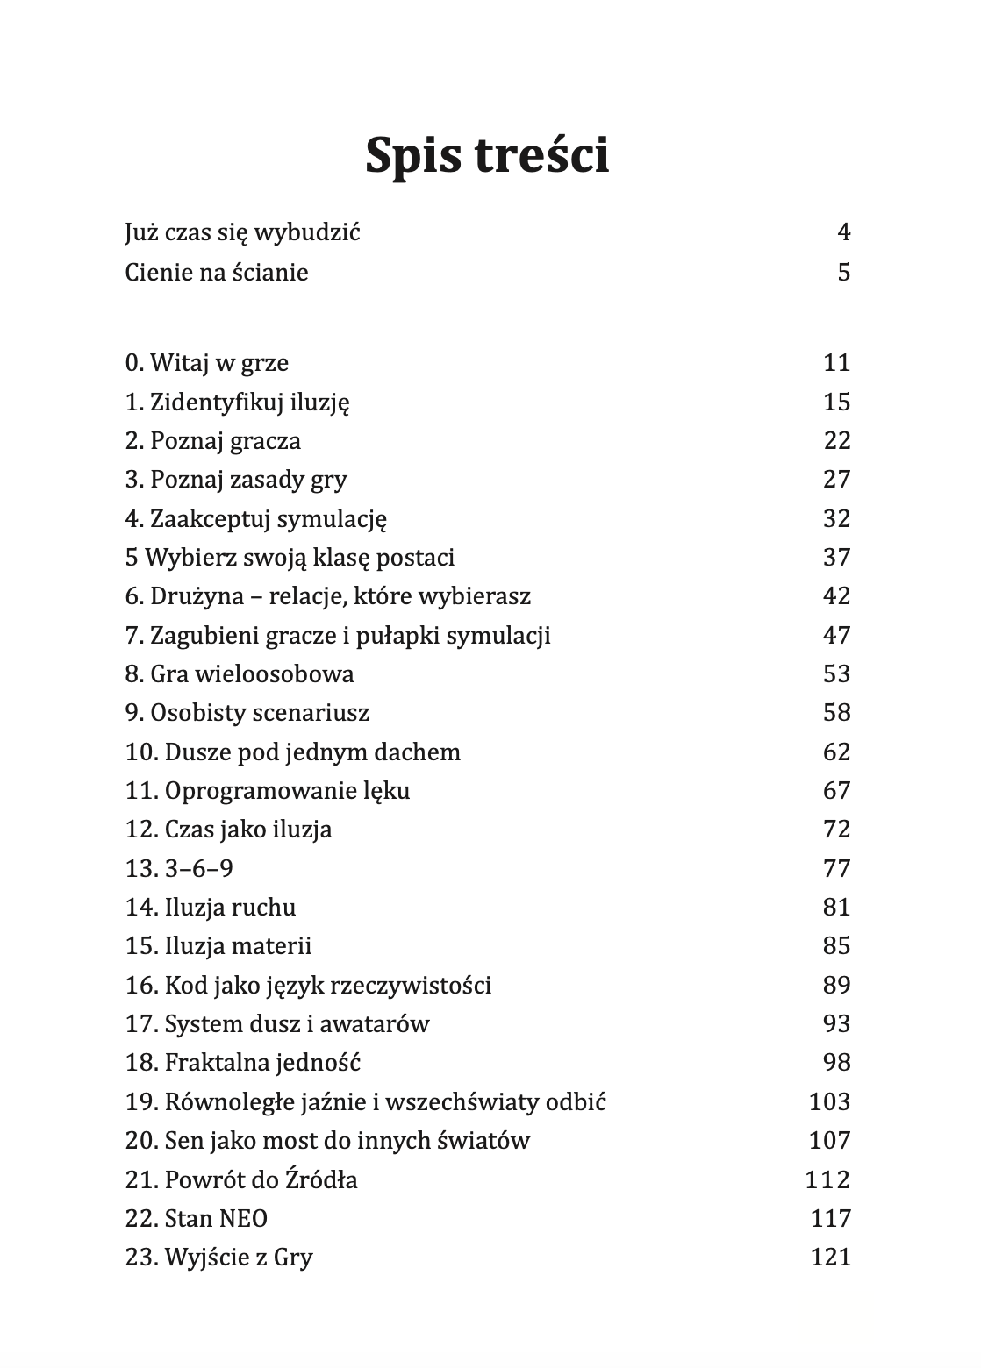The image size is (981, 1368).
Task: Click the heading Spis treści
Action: [487, 156]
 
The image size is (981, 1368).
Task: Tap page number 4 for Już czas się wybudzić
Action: [843, 232]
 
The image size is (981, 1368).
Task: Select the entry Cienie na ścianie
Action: [217, 273]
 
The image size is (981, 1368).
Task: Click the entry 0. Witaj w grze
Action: [207, 363]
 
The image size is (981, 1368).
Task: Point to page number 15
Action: [837, 402]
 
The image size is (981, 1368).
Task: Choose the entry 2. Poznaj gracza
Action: [213, 440]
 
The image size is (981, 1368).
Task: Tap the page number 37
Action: [837, 557]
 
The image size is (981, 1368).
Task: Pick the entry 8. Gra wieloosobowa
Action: [240, 674]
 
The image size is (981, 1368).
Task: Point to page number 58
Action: [837, 712]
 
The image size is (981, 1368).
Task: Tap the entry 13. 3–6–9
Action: [179, 868]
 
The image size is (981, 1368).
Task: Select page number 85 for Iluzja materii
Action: [837, 945]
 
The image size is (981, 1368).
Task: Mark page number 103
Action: [829, 1101]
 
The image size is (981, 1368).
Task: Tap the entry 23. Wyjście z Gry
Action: [219, 1258]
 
